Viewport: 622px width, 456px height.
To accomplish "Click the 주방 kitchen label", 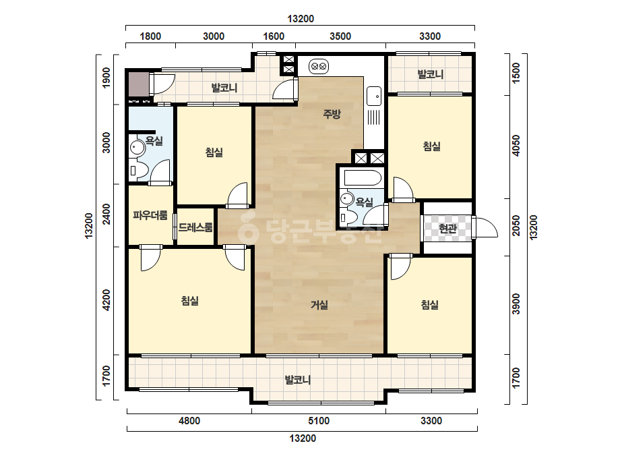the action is [x=332, y=114].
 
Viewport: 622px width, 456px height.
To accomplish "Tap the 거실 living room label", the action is [x=319, y=305].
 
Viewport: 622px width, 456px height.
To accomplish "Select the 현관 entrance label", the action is [x=447, y=228].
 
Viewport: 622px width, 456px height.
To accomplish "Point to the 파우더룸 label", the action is [x=150, y=215].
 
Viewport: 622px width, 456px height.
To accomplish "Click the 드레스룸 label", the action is [x=195, y=227].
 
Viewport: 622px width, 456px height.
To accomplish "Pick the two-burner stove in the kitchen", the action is [x=319, y=67].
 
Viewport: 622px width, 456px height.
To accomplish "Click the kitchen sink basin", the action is [x=374, y=96].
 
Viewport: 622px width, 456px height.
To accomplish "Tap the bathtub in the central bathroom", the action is [x=363, y=177].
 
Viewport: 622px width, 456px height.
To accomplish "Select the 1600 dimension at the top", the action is [x=274, y=36].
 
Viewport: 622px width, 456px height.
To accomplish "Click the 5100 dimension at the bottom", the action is [x=319, y=421].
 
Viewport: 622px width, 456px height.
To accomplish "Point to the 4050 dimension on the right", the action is [x=516, y=146].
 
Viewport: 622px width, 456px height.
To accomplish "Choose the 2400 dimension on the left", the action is [x=106, y=215].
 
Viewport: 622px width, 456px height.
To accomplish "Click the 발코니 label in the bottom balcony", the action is [x=297, y=380].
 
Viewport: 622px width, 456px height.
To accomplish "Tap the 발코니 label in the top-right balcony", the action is [x=431, y=74].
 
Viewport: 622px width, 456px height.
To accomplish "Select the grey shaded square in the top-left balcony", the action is [x=138, y=84].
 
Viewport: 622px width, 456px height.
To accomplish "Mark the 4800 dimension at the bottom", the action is [x=189, y=421].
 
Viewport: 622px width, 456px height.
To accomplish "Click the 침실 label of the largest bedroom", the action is [x=189, y=301].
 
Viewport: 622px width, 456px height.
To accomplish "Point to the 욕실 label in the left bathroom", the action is [x=154, y=140].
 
